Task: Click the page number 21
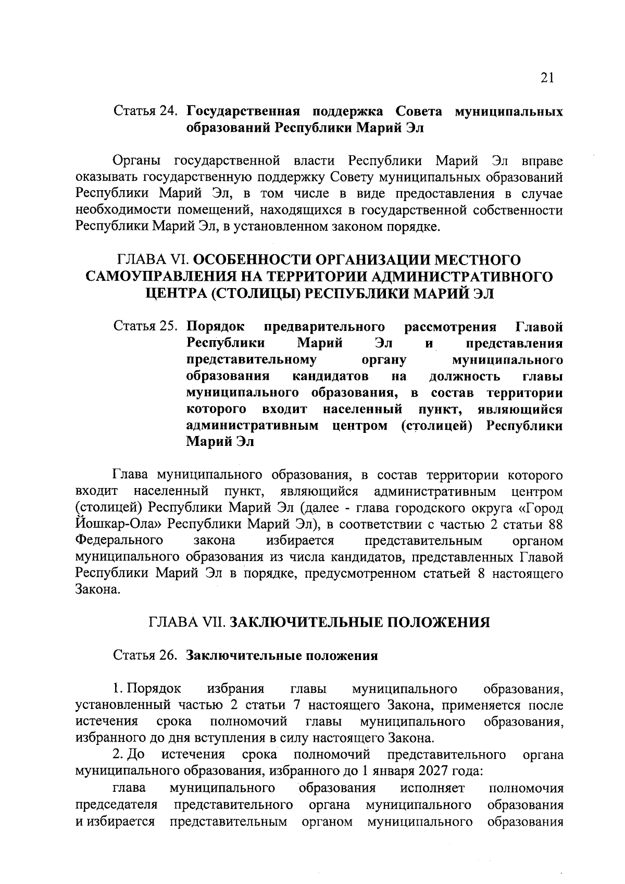coord(546,78)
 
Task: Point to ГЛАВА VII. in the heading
coord(187,622)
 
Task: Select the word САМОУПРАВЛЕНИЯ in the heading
coord(156,276)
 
